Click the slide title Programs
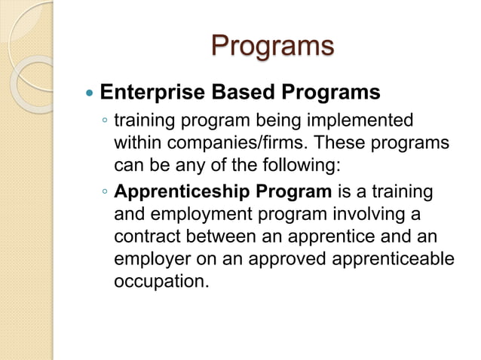(271, 45)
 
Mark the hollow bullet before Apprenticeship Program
(105, 193)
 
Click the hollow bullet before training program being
(105, 122)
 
